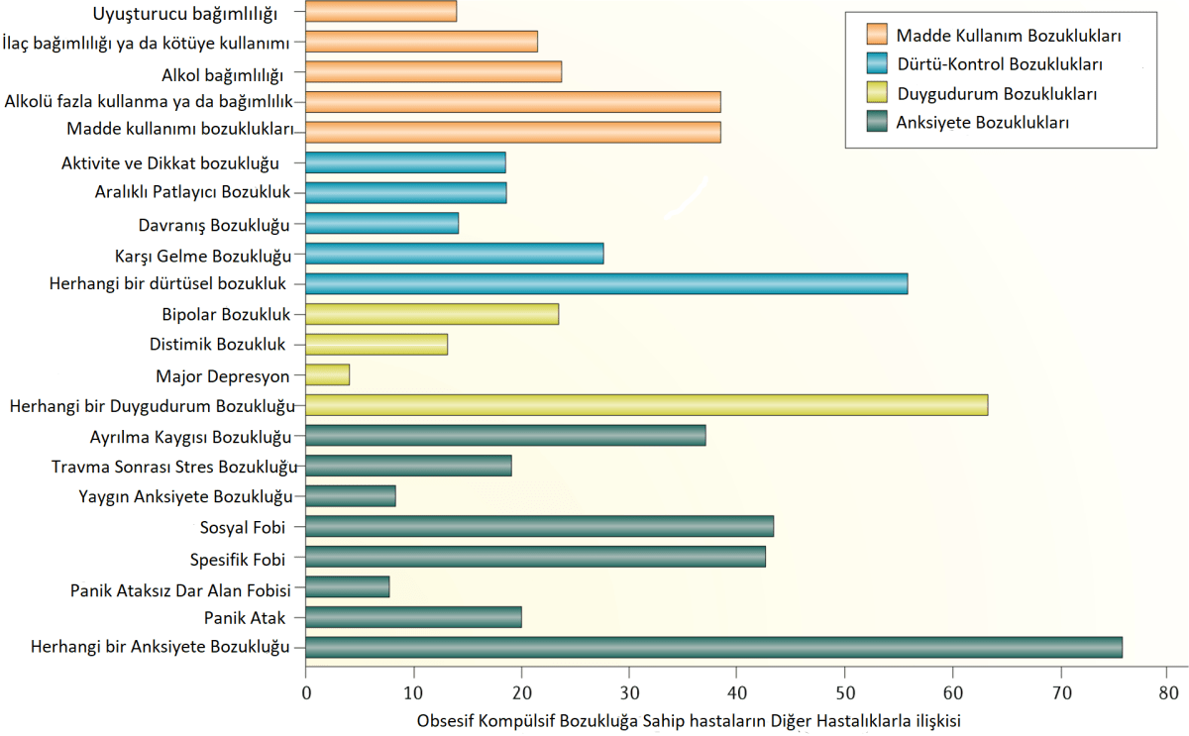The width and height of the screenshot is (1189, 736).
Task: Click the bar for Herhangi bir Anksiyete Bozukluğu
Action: pos(713,648)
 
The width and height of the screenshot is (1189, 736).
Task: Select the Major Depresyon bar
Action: pos(327,375)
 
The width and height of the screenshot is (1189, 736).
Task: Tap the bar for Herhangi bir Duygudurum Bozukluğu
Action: pos(646,405)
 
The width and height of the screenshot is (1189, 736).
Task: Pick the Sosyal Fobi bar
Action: pos(539,527)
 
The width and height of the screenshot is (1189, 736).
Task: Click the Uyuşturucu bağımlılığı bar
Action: pos(380,12)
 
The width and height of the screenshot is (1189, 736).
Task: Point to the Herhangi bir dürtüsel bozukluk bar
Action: pos(606,284)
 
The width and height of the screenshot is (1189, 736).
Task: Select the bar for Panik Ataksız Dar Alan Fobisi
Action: pos(347,587)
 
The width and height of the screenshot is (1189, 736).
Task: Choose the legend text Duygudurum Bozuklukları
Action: pos(996,94)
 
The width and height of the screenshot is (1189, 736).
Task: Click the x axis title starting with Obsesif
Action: pos(690,720)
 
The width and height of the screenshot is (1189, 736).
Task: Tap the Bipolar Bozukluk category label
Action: pos(226,315)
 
